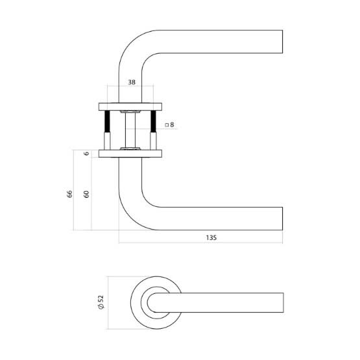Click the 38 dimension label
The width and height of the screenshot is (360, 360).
coord(132,83)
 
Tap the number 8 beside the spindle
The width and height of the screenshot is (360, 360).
coord(171,124)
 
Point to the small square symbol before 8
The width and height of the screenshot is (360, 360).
coord(166,124)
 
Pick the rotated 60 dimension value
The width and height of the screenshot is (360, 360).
coord(86,193)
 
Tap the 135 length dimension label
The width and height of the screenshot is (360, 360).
coord(210,237)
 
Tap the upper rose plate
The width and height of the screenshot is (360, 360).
coord(130,105)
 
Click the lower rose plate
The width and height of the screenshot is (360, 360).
coord(130,154)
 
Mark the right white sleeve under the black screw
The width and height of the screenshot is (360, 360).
coord(154,141)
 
